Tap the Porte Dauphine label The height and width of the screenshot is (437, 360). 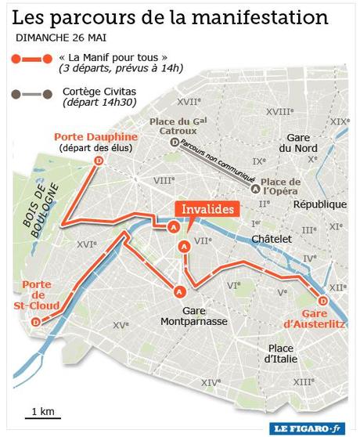pos(95,136)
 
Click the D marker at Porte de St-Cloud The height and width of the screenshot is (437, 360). pos(36,322)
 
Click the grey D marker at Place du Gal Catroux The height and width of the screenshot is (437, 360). pos(174,142)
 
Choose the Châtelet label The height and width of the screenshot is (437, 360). pos(272,238)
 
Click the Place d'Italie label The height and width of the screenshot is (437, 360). pos(280,353)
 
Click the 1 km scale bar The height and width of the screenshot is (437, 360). pos(41,417)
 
